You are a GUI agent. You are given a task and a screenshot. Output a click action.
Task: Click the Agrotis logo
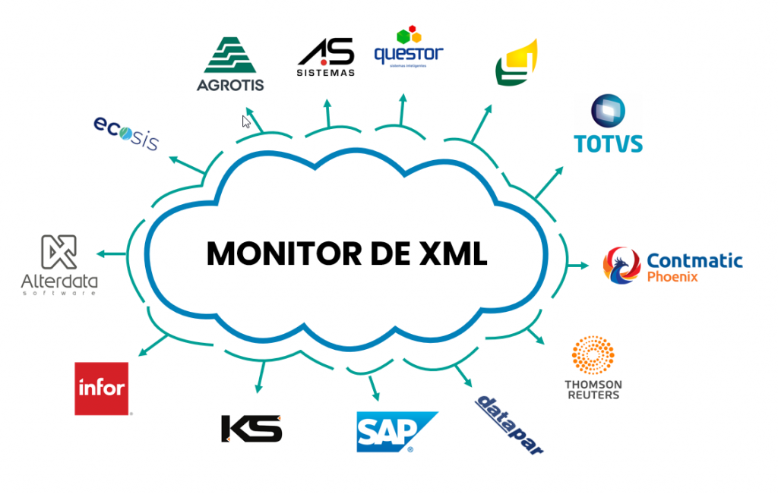pos(229,64)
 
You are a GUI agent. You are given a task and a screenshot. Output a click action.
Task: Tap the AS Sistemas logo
pos(325,56)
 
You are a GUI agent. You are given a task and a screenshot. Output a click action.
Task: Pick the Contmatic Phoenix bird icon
pos(621,264)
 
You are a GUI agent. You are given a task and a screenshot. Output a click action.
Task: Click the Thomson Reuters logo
pos(593,368)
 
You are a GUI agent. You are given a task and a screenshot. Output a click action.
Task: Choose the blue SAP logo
pos(396,432)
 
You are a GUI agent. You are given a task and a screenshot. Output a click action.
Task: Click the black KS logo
pos(251,429)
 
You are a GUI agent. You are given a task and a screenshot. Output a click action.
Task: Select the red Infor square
pos(101,389)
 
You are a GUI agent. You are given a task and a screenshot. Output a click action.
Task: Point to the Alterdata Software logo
pos(59,264)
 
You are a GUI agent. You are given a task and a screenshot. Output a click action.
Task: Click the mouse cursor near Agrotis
pos(245,121)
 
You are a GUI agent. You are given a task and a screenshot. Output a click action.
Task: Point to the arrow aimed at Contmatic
pos(580,266)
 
